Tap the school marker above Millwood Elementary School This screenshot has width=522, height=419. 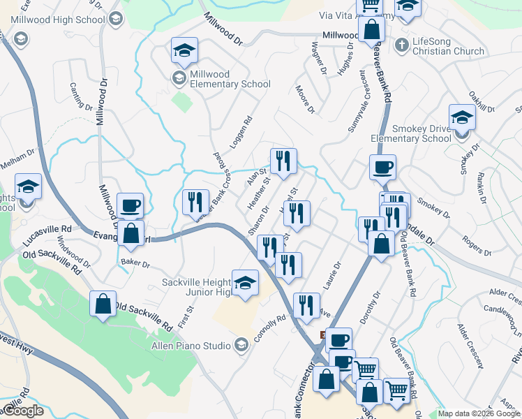pos(185,50)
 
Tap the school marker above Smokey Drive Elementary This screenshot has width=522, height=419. pos(462,117)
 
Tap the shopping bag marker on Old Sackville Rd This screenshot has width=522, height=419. pos(103,304)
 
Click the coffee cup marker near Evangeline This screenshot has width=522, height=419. pos(130,206)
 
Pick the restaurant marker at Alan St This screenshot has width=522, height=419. pos(283,161)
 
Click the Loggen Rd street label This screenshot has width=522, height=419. pos(247,128)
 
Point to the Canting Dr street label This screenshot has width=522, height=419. pos(81,96)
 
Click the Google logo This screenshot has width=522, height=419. pos(23,411)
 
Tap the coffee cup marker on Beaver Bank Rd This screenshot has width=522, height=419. pos(382,168)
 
